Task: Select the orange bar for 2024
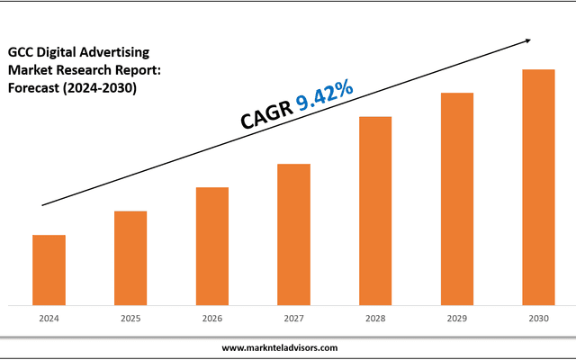pyautogui.click(x=49, y=269)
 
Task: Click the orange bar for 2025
pyautogui.click(x=130, y=257)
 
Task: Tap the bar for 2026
pyautogui.click(x=212, y=246)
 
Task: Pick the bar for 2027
pyautogui.click(x=293, y=234)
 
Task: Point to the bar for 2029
pyautogui.click(x=457, y=198)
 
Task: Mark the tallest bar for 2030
pyautogui.click(x=538, y=186)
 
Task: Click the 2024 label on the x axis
pyautogui.click(x=49, y=318)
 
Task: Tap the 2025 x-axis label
pyautogui.click(x=130, y=318)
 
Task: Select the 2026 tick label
pyautogui.click(x=212, y=318)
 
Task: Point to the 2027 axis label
pyautogui.click(x=293, y=318)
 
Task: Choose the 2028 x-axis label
pyautogui.click(x=375, y=318)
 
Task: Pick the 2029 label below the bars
pyautogui.click(x=457, y=318)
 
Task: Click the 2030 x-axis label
pyautogui.click(x=538, y=318)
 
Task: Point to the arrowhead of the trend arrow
pyautogui.click(x=528, y=40)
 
